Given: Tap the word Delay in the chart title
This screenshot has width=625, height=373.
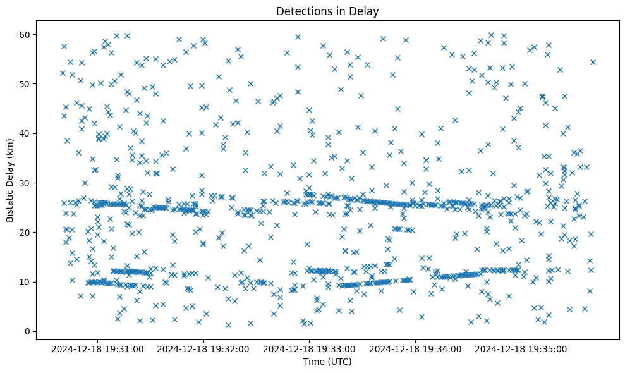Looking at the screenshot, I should (x=366, y=11).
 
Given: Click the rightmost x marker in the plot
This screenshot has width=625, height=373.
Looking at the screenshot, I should (x=593, y=62).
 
